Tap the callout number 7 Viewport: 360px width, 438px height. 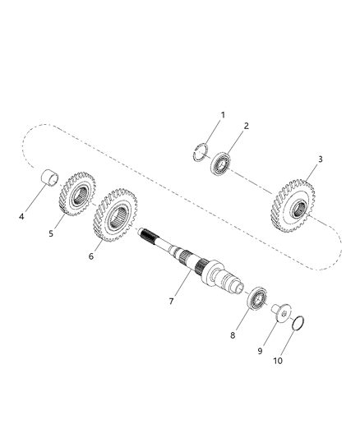click(170, 302)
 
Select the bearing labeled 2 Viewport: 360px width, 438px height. click(221, 162)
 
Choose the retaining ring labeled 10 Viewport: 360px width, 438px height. click(299, 321)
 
